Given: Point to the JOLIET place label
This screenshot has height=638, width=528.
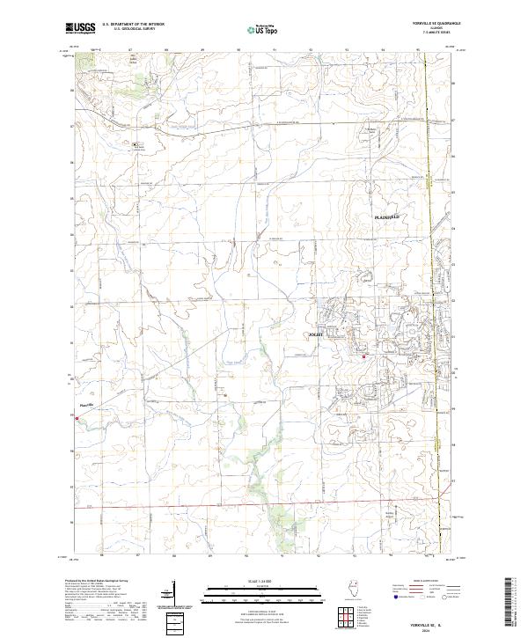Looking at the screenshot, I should (x=315, y=334).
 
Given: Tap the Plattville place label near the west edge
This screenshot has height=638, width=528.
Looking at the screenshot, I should (x=86, y=405).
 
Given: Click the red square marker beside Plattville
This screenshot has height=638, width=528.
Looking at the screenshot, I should (x=77, y=419).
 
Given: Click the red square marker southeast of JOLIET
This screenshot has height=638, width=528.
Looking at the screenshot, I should (x=364, y=356).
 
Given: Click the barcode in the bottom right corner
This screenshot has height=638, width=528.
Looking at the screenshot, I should (x=510, y=607).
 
